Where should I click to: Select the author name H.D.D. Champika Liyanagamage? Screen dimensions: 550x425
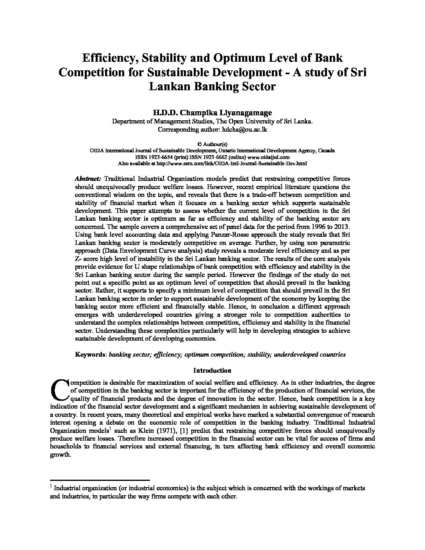tap(212, 112)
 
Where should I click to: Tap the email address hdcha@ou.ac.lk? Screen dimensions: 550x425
tap(245, 129)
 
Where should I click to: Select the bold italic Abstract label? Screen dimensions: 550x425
tap(88, 179)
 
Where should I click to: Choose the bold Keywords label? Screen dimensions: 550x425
tap(90, 355)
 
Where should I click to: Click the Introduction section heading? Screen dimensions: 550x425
tap(212, 370)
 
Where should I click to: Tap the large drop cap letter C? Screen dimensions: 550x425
tap(59, 390)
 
